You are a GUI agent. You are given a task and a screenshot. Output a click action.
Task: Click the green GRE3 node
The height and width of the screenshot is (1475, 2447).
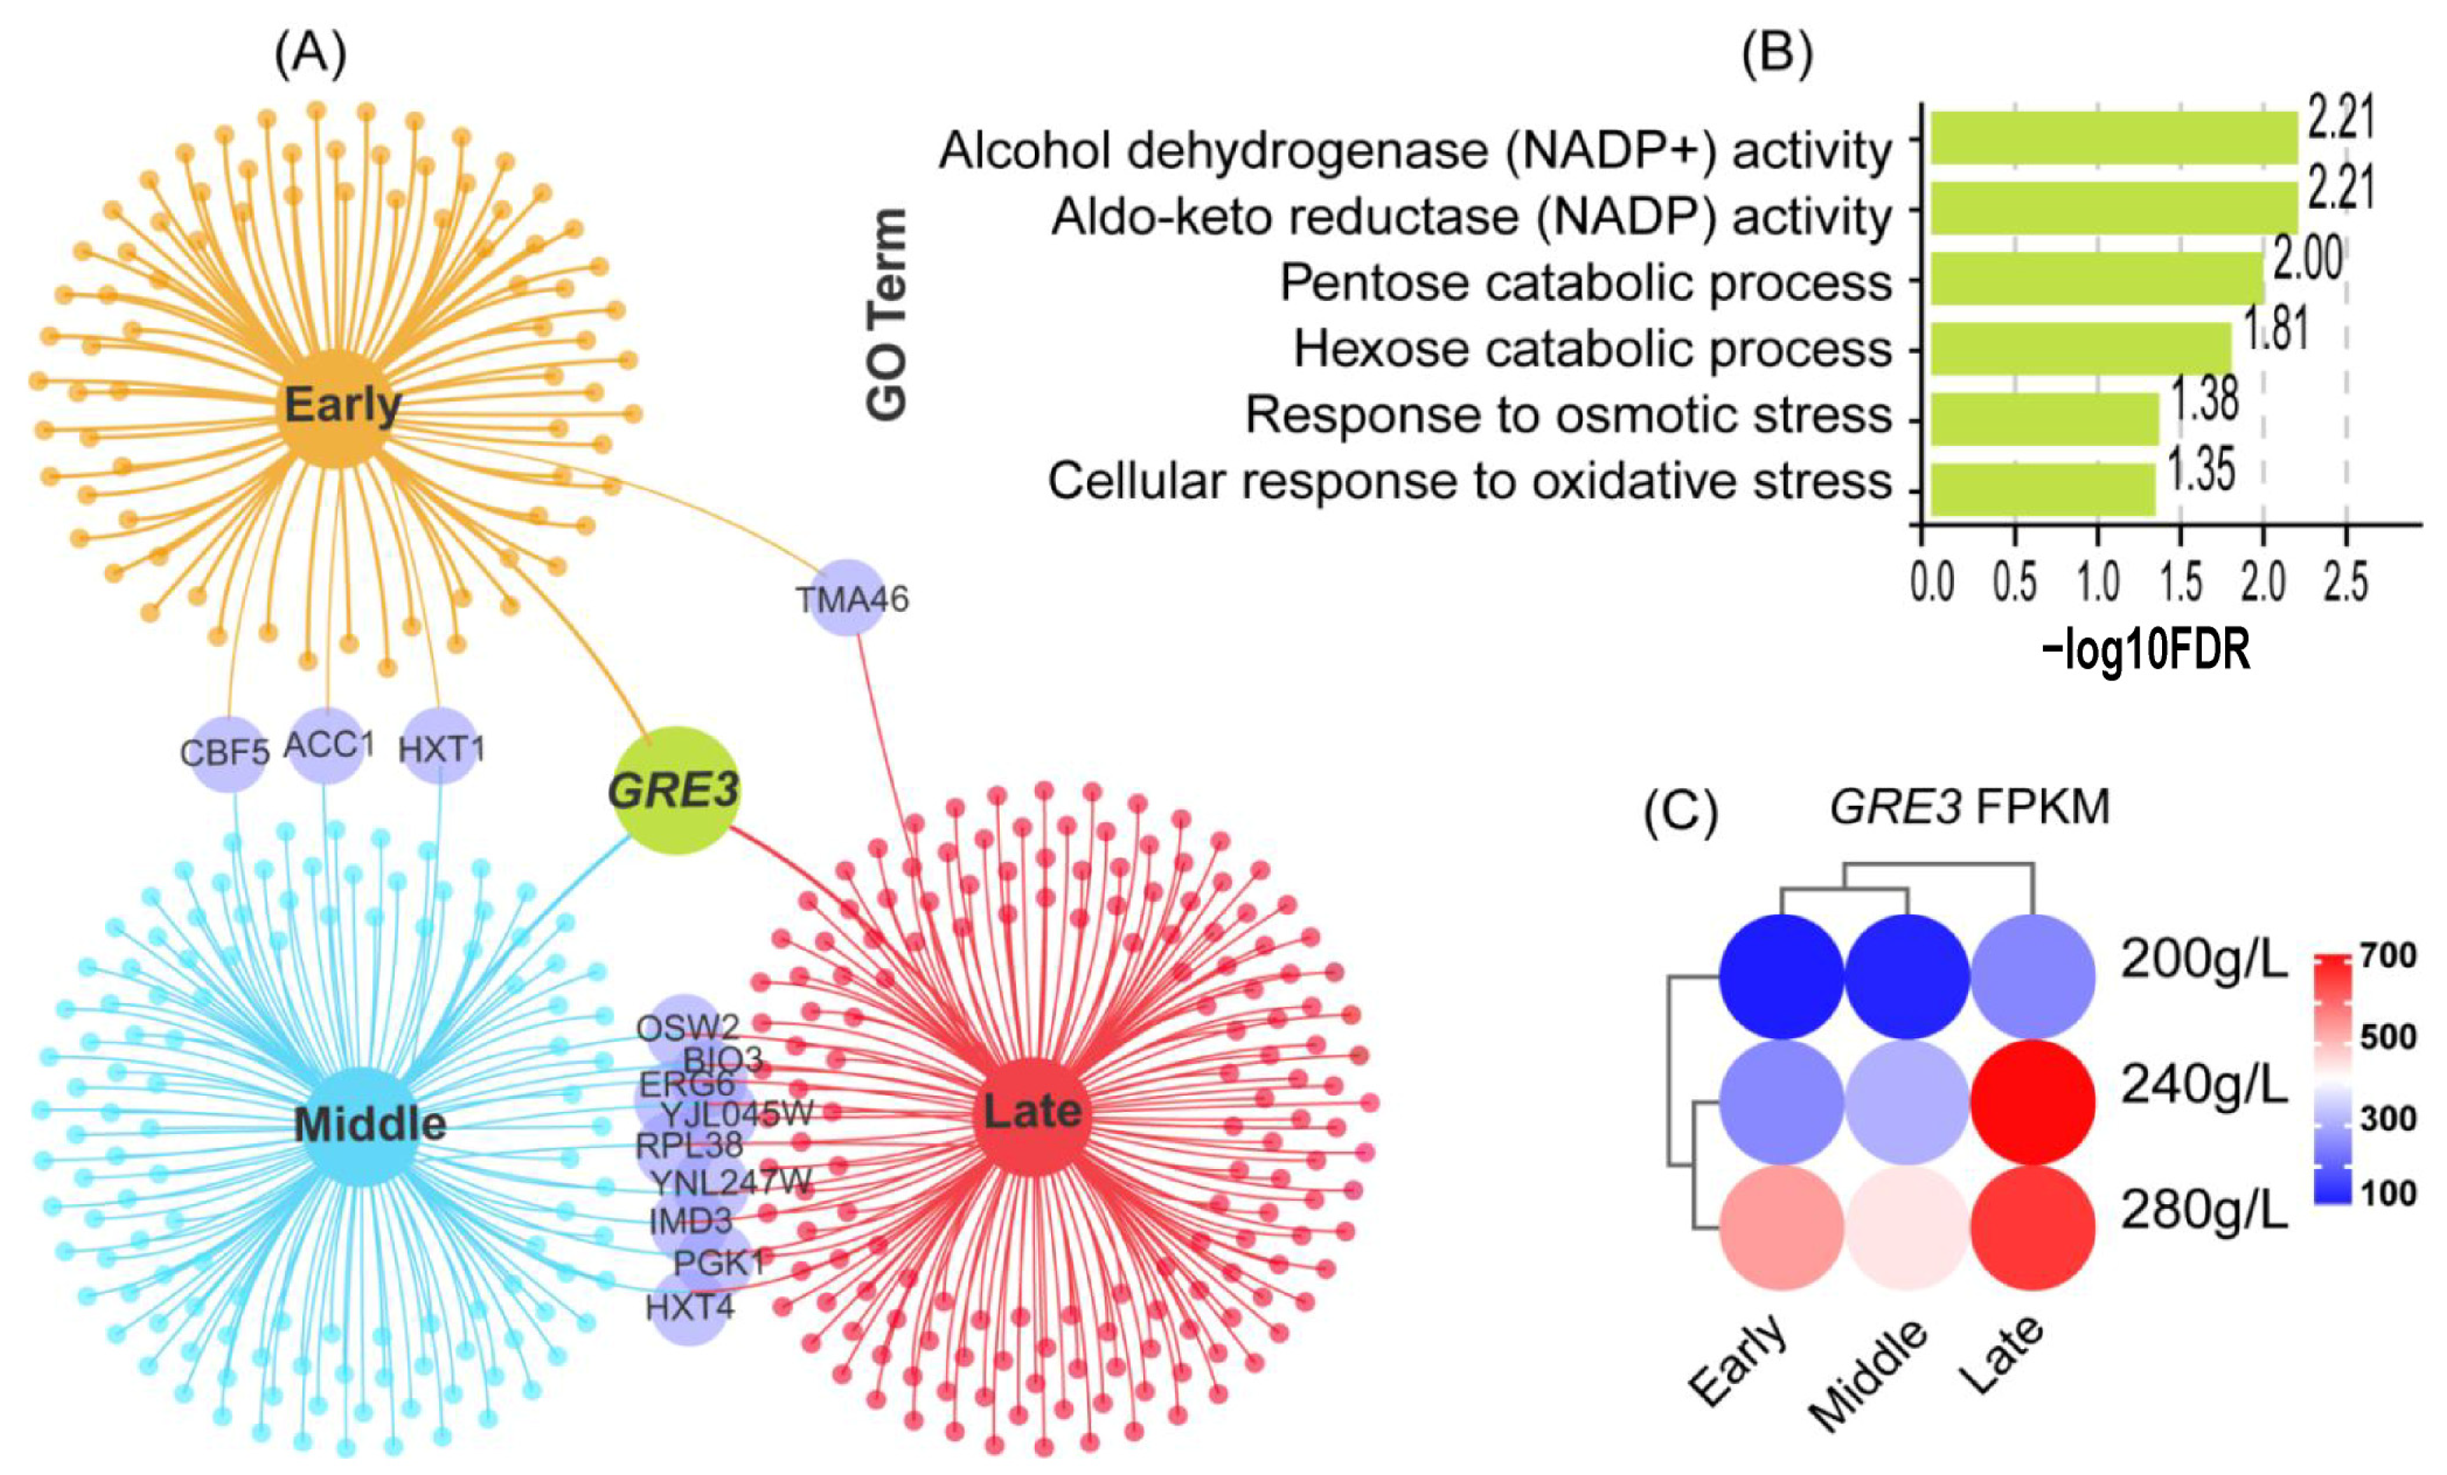pos(674,790)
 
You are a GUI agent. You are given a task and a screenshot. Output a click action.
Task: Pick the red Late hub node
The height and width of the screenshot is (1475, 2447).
pos(1032,1112)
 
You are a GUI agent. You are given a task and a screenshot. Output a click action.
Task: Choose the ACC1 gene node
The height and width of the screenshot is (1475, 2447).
pos(328,745)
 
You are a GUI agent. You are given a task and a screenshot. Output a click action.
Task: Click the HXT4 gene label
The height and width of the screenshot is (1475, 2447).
pos(689,1307)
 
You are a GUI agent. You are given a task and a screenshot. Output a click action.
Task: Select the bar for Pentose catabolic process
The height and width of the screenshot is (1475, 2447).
pos(2096,279)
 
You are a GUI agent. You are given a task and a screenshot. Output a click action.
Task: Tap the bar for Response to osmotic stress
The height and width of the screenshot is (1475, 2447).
pos(2043,418)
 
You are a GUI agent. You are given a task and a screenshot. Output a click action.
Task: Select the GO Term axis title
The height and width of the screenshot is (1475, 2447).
pos(887,314)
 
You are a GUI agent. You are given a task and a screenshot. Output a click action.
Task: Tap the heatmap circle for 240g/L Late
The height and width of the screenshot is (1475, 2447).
pos(2033,1102)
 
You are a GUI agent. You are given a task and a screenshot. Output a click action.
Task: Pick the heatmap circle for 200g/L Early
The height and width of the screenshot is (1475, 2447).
pos(1783,977)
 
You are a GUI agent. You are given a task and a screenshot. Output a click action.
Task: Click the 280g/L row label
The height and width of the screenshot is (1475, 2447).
pos(2203,1210)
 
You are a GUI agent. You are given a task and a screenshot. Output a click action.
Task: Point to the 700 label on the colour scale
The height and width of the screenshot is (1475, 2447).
pos(2388,956)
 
